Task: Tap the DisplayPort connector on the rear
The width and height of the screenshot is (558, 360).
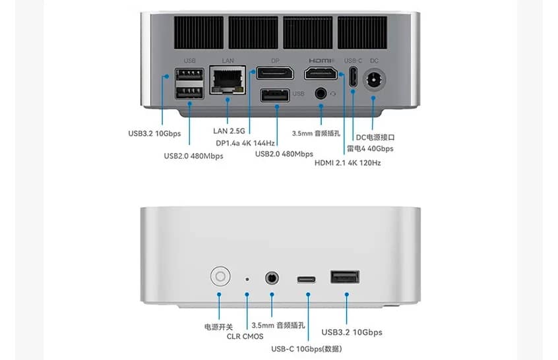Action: (274, 73)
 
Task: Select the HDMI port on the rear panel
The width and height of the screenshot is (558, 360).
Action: (321, 73)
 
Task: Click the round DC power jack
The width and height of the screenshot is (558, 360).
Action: (373, 81)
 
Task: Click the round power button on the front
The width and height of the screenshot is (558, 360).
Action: (219, 276)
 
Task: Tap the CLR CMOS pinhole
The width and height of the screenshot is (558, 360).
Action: (247, 278)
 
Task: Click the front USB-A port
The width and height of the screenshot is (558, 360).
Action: (345, 278)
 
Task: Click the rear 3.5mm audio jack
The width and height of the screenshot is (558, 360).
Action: (321, 94)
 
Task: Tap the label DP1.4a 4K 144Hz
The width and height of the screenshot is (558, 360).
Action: (245, 142)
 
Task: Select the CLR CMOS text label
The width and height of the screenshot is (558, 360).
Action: (245, 337)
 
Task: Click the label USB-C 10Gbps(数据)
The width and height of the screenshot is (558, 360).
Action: (306, 349)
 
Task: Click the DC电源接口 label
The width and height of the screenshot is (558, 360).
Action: (375, 137)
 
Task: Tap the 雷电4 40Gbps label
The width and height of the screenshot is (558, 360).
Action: (370, 149)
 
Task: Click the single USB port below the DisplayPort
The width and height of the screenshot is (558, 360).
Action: (274, 96)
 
